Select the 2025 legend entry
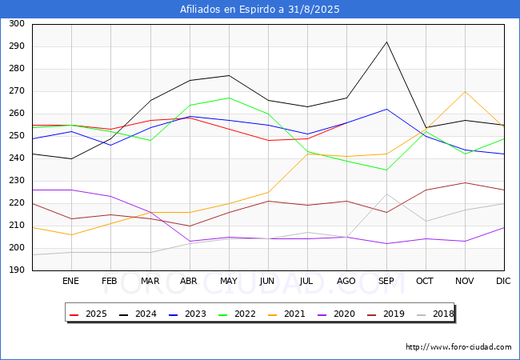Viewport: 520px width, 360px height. pyautogui.click(x=88, y=314)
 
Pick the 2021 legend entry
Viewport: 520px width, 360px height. pyautogui.click(x=286, y=314)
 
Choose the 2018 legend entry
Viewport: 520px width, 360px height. pyautogui.click(x=435, y=314)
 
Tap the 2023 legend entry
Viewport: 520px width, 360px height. pyautogui.click(x=187, y=314)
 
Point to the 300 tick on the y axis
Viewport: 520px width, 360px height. pyautogui.click(x=17, y=24)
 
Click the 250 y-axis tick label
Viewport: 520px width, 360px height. pyautogui.click(x=17, y=136)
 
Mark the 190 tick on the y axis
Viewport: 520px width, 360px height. pyautogui.click(x=17, y=270)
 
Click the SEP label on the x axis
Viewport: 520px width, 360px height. pyautogui.click(x=386, y=281)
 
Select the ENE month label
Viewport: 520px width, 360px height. pyautogui.click(x=70, y=281)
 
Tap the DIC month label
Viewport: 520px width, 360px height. pyautogui.click(x=503, y=281)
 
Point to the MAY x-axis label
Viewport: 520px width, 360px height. pyautogui.click(x=229, y=281)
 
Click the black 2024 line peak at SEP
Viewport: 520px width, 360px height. pyautogui.click(x=386, y=42)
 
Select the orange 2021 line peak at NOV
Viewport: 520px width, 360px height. pyautogui.click(x=466, y=91)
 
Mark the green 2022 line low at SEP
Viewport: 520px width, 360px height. pyautogui.click(x=386, y=170)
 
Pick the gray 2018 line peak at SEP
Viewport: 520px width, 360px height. pyautogui.click(x=386, y=194)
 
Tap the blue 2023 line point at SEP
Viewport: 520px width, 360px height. pyautogui.click(x=386, y=109)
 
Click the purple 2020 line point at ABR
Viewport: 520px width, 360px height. pyautogui.click(x=190, y=242)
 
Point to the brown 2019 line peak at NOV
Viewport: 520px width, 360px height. pyautogui.click(x=466, y=182)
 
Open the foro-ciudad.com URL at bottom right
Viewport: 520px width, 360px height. pyautogui.click(x=458, y=347)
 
